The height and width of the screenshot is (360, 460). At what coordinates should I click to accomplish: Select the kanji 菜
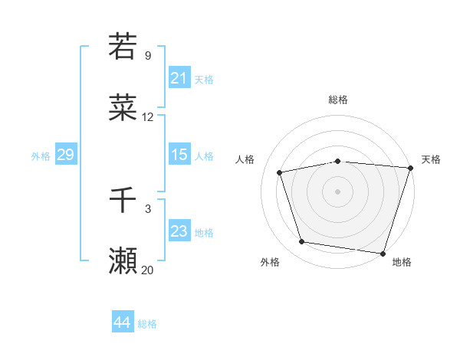pos(123,108)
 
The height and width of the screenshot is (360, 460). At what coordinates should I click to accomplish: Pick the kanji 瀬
pos(123,261)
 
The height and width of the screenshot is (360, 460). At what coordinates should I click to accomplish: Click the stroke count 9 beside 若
pos(148,56)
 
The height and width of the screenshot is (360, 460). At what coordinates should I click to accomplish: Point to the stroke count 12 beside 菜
pos(148,117)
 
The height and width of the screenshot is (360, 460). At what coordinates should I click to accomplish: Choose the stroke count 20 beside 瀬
pos(148,270)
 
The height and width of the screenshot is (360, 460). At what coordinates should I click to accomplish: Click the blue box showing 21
pos(179,78)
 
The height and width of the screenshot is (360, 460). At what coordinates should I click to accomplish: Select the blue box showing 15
pos(179,155)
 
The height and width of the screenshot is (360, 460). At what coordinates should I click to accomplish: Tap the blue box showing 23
pos(179,231)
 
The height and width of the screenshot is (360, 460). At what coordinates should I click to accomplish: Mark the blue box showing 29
pos(65,155)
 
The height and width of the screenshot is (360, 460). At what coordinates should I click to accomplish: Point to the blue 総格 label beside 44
pos(147,324)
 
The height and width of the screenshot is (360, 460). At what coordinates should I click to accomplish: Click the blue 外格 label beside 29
pos(41,156)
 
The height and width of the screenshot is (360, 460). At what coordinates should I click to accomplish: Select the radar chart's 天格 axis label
pos(431,159)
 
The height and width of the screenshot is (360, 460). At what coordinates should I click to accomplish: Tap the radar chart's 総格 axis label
pos(338,100)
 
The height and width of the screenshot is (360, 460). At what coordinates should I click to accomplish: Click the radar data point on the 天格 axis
pos(410,168)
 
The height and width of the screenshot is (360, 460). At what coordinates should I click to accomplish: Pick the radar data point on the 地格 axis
pos(382,253)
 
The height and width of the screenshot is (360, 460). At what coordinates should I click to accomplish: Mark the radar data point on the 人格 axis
pos(281,172)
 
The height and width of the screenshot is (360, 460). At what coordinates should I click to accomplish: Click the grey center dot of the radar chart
pos(338,191)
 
